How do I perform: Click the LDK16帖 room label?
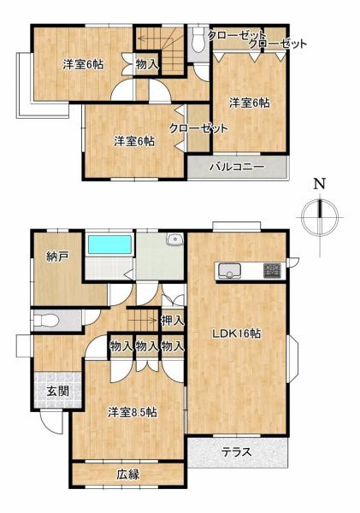point(237,333)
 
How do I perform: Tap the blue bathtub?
point(110,244)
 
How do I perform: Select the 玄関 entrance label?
point(57,391)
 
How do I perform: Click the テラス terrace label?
point(237,452)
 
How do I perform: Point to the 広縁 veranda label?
point(128,474)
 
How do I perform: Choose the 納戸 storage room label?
point(57,256)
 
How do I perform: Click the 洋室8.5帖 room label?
point(133,412)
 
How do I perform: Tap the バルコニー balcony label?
point(237,168)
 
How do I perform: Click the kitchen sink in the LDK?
point(229,270)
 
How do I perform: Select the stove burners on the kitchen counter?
point(272,271)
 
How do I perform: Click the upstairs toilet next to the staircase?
point(198,39)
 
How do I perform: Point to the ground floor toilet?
point(46,321)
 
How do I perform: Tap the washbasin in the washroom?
point(175,239)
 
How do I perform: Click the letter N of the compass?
point(319,184)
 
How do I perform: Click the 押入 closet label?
point(172,321)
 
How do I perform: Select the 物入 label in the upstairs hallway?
point(147,64)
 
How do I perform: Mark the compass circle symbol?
point(320,217)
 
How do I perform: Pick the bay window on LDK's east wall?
point(292,358)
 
